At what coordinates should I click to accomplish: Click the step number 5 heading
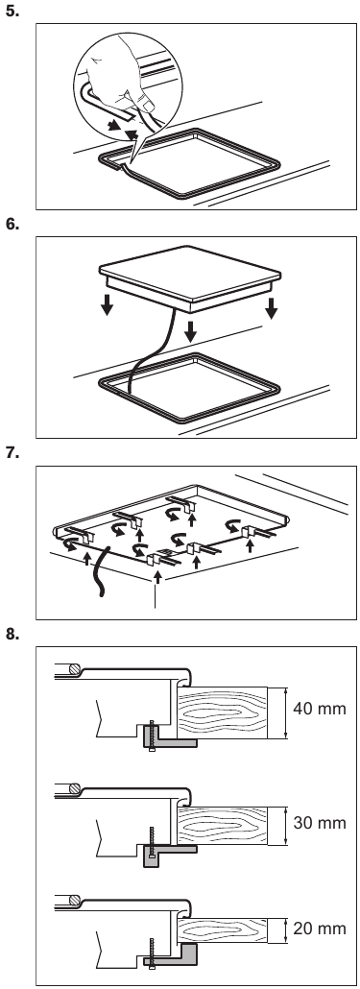12,11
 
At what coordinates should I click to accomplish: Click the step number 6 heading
12,224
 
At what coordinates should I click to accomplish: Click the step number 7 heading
12,453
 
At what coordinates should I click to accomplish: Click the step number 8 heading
12,634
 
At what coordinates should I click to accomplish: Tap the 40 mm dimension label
320,709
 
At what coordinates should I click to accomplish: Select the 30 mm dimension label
320,823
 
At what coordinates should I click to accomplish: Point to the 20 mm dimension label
320,928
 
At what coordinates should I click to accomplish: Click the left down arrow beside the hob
108,304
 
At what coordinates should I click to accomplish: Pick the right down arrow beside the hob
271,308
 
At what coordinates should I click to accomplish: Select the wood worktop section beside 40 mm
222,713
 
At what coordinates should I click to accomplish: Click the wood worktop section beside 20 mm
222,929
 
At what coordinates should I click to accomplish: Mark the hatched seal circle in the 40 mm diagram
74,669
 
